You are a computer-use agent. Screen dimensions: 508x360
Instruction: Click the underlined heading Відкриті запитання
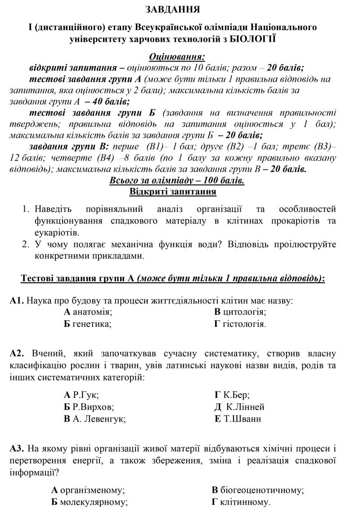pos(173,192)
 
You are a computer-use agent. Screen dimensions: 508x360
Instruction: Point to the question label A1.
pos(17,300)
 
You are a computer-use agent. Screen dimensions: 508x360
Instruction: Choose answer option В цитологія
pos(240,312)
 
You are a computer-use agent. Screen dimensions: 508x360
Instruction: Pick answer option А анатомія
pos(88,312)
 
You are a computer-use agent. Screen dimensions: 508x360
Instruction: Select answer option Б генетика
pos(88,323)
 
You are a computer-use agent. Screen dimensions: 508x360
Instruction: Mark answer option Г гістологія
pos(240,323)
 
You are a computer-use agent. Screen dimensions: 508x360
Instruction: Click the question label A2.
pos(18,354)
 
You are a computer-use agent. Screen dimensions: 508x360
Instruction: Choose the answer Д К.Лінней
pos(239,407)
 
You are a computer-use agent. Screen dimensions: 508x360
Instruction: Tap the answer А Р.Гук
pos(81,395)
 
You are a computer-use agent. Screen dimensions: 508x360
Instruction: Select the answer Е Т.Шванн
pos(238,419)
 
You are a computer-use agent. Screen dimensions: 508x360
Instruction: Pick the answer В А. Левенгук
pos(94,419)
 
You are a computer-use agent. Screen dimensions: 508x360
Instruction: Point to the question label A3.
pos(17,449)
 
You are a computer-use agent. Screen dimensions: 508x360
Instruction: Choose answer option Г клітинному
pos(241,501)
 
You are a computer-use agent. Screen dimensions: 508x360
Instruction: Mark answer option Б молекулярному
pos(90,501)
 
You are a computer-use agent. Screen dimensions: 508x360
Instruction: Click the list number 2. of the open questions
pos(26,245)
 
